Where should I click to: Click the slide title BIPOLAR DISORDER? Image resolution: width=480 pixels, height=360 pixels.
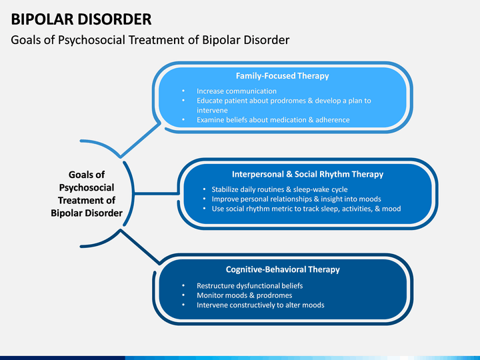click(x=81, y=19)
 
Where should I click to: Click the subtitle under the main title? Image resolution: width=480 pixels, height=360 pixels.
click(x=150, y=40)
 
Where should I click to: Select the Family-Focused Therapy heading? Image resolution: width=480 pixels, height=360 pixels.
click(x=282, y=75)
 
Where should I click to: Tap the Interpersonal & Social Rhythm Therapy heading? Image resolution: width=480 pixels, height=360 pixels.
click(x=307, y=174)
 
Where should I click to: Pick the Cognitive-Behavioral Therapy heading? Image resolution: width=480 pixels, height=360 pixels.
click(x=283, y=269)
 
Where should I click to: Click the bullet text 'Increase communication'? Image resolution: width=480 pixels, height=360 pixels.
click(x=236, y=91)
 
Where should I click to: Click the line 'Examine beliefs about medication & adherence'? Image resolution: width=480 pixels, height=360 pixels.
click(x=273, y=120)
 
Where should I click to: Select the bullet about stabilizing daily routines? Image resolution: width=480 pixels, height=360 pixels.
click(x=279, y=189)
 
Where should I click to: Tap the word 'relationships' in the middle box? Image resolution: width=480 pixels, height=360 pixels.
click(x=281, y=199)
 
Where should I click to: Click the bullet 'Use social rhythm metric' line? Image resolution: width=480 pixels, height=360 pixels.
click(x=306, y=209)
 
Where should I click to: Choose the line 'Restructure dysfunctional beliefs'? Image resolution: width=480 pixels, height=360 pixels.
click(x=249, y=285)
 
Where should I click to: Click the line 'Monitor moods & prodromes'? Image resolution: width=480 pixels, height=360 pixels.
click(x=244, y=295)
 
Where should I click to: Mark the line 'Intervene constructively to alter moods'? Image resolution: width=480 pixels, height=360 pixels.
click(x=260, y=305)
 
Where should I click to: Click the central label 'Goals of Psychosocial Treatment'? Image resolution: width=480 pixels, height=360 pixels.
click(x=87, y=194)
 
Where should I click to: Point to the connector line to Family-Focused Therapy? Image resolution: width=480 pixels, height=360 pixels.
click(x=140, y=140)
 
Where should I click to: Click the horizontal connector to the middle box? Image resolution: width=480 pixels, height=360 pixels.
click(x=157, y=193)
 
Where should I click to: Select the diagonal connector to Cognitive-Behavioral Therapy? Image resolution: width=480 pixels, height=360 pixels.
click(x=140, y=247)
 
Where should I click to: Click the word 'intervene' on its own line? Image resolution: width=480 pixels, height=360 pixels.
click(x=212, y=110)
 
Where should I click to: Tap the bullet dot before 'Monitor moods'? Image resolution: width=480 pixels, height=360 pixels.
click(x=183, y=295)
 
